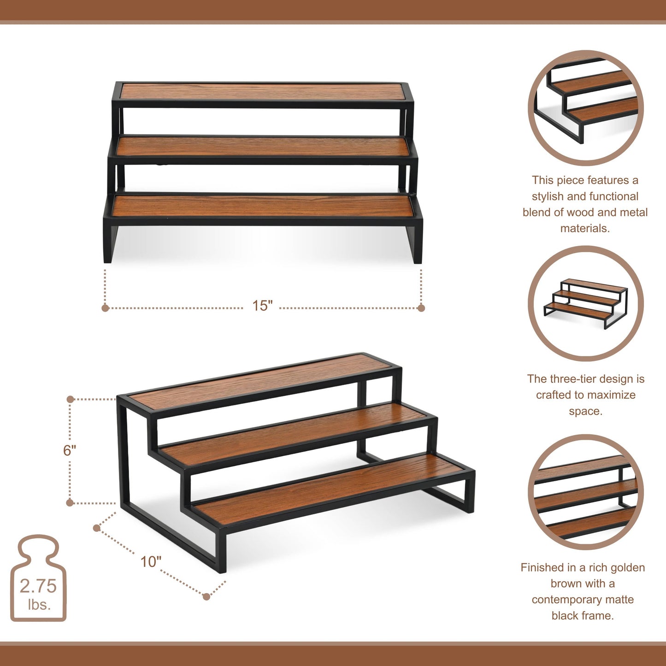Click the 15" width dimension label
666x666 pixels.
click(262, 306)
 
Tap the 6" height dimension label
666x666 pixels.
click(70, 450)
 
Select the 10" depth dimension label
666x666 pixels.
click(151, 561)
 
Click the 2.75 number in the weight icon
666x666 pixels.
click(38, 586)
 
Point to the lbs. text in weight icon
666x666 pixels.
click(39, 604)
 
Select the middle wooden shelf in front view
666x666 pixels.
click(263, 147)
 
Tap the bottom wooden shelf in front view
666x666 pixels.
click(263, 206)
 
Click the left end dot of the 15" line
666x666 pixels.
click(105, 308)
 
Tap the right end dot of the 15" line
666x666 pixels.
click(421, 308)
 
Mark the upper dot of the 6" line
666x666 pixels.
click(70, 399)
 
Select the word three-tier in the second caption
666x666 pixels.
click(573, 379)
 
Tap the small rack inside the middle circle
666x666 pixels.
click(585, 303)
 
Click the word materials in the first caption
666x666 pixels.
click(584, 228)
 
